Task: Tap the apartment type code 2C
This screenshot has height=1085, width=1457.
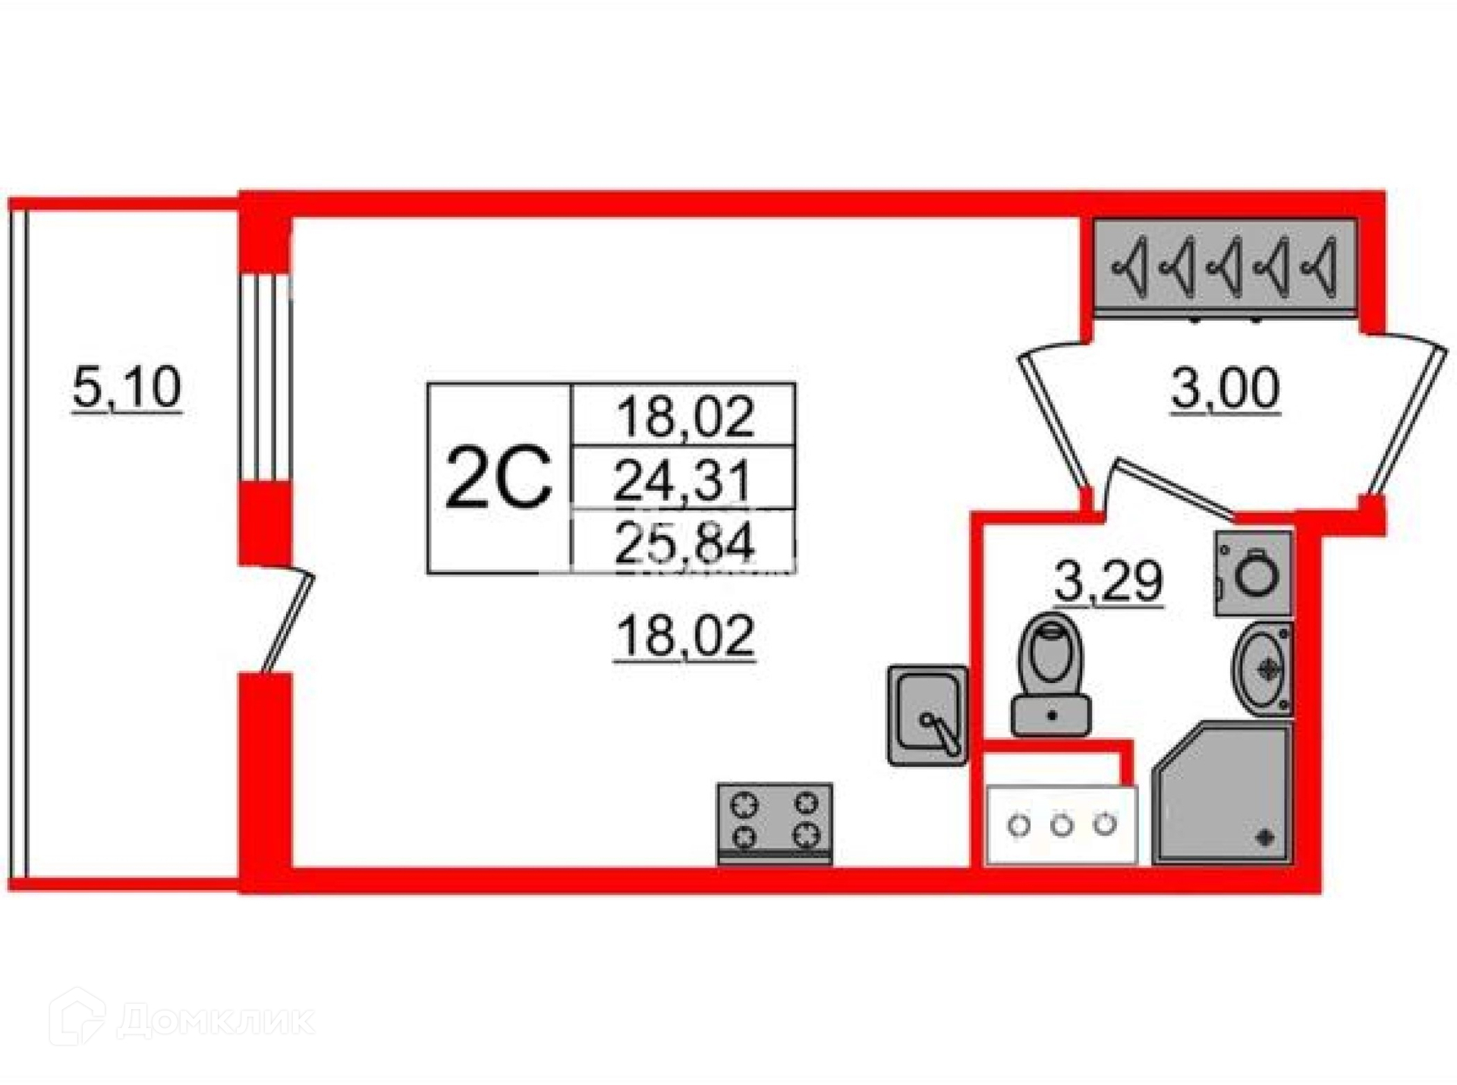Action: coord(498,478)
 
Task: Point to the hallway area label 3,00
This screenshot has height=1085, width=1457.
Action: coord(1225,388)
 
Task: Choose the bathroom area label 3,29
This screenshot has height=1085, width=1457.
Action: coord(1109,582)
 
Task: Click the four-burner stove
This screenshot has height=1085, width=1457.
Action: coord(775,824)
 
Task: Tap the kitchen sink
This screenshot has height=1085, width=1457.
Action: coord(927,715)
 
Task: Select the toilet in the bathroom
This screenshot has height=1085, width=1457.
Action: coord(1051,673)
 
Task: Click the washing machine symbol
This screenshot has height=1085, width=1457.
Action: coord(1252,573)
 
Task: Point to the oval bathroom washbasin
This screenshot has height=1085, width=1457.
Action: coord(1262,668)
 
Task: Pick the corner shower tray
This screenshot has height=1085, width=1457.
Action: coord(1223,794)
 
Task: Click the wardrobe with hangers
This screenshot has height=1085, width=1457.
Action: coord(1224,266)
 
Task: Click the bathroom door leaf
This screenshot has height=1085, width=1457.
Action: coord(1176,491)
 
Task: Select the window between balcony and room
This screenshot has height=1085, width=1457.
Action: coord(265,377)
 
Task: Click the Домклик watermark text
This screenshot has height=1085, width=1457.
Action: coord(216,1021)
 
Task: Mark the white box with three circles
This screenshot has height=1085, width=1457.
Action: coord(1061,825)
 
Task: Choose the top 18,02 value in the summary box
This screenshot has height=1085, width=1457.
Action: coord(685,416)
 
